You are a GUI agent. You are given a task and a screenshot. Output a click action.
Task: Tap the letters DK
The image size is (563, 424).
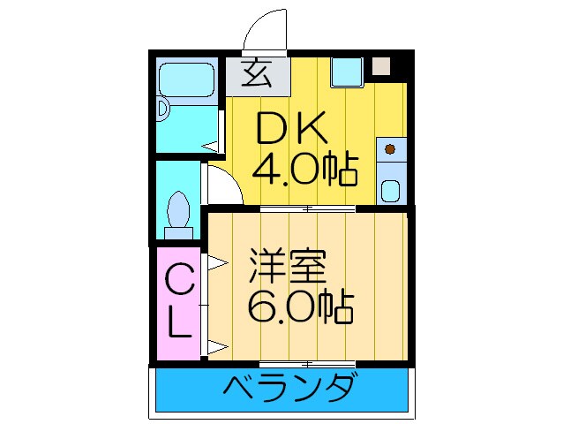coord(292,132)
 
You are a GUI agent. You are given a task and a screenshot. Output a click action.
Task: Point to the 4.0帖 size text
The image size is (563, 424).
coord(305,168)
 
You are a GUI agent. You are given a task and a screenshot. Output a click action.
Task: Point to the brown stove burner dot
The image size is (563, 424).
coord(389,149)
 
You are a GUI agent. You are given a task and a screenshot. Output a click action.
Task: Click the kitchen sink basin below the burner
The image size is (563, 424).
coord(389,189)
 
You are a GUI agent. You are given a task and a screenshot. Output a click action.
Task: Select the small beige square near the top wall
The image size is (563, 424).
coord(380,66)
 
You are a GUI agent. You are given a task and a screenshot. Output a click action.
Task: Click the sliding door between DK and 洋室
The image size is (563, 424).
coord(308,209)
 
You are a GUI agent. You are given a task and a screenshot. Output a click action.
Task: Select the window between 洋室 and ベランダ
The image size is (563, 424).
coord(308,363)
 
